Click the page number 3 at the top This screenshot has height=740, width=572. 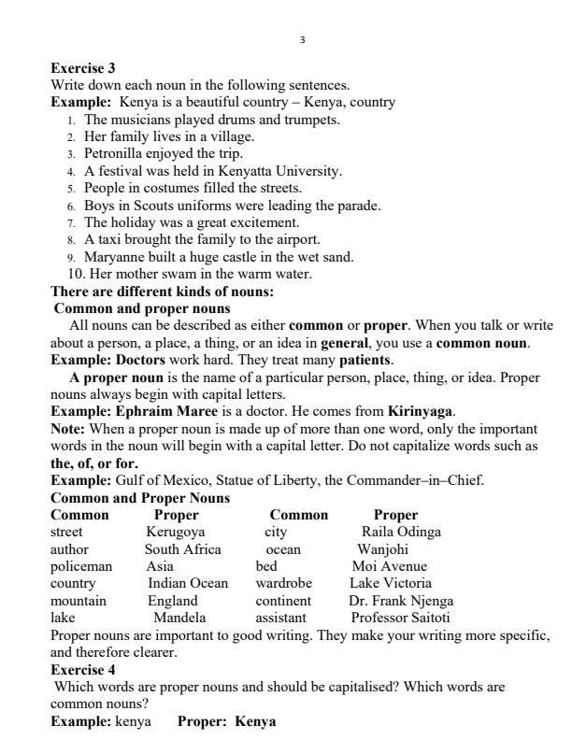click(x=302, y=39)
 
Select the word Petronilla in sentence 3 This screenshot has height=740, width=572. click(x=116, y=153)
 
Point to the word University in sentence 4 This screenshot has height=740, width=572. click(x=309, y=171)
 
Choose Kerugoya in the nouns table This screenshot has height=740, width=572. click(x=176, y=532)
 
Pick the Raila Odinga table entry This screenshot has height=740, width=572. click(x=401, y=532)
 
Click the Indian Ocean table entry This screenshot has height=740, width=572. click(x=188, y=583)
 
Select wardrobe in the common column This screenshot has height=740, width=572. click(x=283, y=583)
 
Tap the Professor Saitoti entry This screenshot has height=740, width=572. click(x=400, y=618)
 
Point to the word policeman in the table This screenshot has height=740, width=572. click(x=81, y=566)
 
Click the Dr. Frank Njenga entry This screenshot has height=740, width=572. click(x=400, y=601)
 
